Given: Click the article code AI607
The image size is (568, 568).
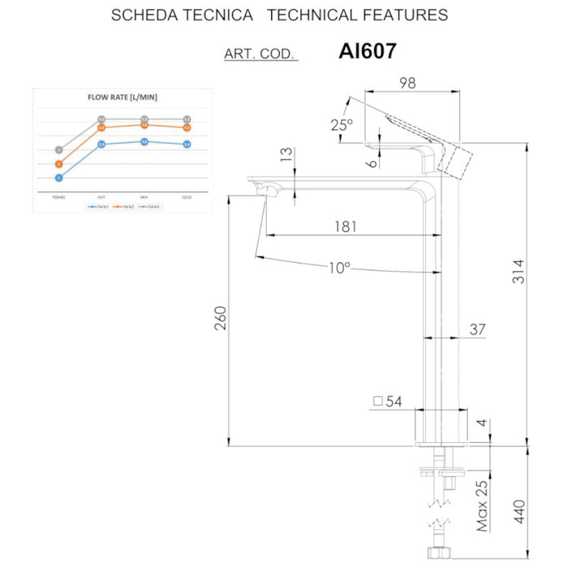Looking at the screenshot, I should tap(367, 52).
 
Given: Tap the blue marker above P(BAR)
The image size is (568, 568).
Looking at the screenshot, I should tap(59, 178).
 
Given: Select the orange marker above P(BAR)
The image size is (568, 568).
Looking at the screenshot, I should tap(59, 163).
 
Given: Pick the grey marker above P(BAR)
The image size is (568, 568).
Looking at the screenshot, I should tap(59, 149).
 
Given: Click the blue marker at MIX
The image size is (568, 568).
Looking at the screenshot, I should tap(144, 141).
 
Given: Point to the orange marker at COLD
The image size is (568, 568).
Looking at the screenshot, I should tap(187, 127).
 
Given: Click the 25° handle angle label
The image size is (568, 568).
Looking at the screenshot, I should tap(342, 125).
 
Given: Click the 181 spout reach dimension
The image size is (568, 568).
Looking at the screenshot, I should tap(345, 226).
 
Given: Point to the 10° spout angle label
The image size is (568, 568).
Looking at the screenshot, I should tap(339, 268).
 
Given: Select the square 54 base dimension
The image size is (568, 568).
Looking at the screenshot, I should tap(389, 402).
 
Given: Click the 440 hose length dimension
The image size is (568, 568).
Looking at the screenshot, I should tap(519, 512).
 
